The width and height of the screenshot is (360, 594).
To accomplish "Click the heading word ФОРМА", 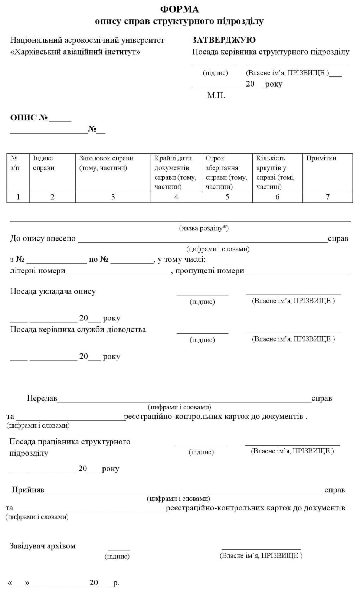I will [180, 9].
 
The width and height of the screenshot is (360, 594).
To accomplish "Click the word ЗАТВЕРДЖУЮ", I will [224, 40].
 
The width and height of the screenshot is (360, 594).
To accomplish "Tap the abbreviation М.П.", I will [216, 95].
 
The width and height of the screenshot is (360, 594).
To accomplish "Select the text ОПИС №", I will [29, 118].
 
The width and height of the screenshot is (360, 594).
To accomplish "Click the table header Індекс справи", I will [43, 163].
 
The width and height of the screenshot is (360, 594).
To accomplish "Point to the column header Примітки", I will [321, 158].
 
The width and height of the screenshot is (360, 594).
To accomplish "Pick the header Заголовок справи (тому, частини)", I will [106, 163].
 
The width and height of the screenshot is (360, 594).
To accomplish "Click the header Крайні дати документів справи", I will [175, 172].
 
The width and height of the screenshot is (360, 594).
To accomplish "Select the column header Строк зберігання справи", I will [226, 172].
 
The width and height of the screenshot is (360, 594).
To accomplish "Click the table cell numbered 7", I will [327, 197].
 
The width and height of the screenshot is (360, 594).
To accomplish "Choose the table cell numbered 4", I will [176, 197].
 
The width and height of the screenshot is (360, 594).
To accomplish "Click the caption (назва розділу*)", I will [204, 228].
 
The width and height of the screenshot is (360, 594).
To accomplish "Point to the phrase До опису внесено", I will [43, 238].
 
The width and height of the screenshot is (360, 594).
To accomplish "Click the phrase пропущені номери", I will [210, 271].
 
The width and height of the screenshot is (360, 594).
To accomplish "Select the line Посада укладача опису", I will [53, 291].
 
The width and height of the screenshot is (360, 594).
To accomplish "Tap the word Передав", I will [42, 398].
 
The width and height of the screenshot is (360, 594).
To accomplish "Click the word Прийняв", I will [28, 490].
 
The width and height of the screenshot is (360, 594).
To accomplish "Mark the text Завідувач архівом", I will [42, 546].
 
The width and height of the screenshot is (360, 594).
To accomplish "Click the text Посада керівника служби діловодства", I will [78, 329].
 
